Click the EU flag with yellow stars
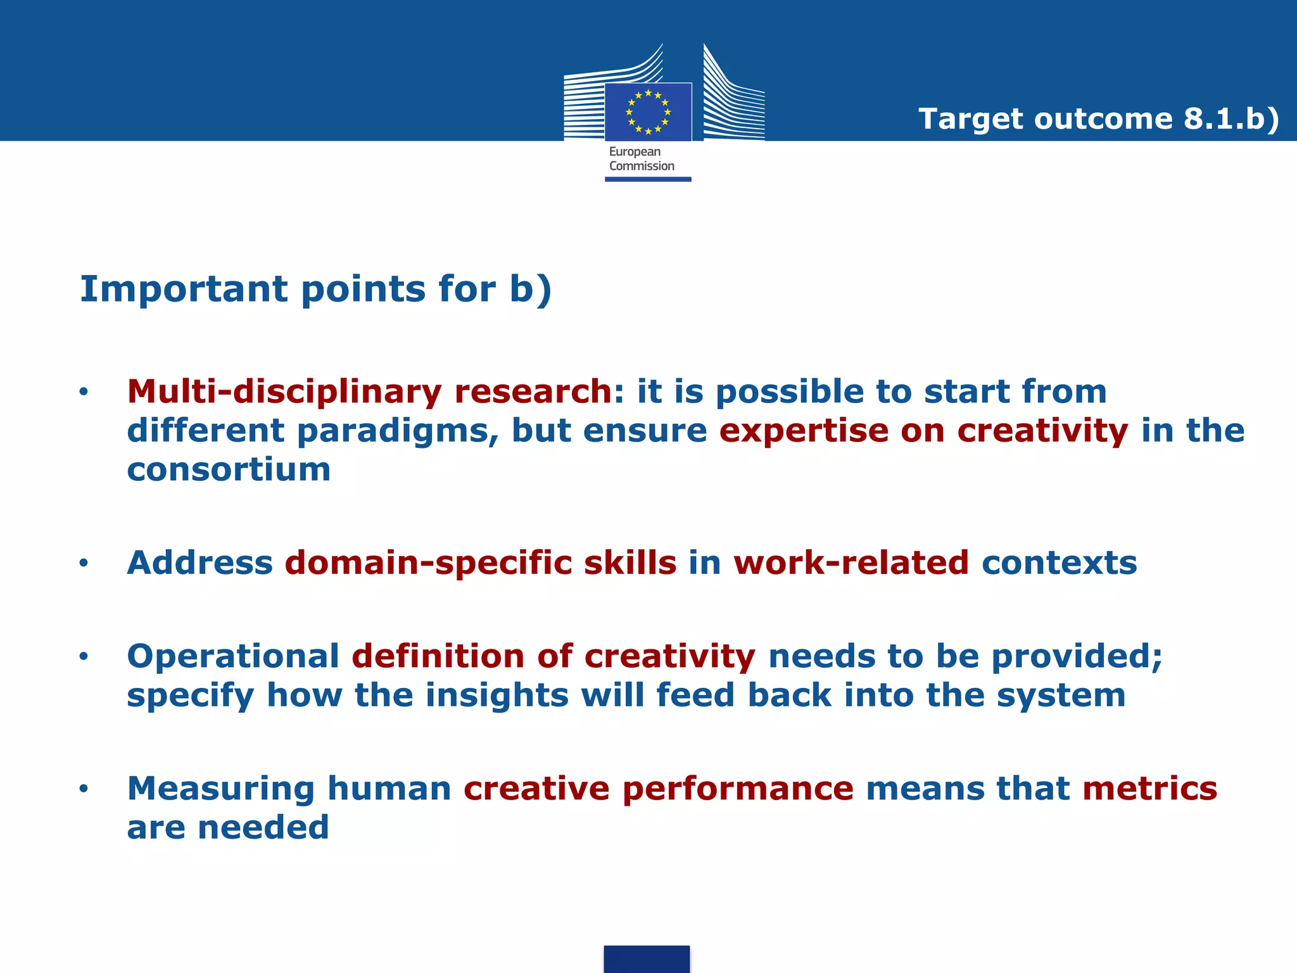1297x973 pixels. pos(648,112)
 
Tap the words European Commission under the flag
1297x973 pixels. pos(641,159)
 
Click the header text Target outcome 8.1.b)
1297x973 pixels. pos(1099,118)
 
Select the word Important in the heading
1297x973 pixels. pos(184,289)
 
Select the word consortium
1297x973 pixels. pos(229,469)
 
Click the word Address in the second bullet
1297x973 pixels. pos(200,563)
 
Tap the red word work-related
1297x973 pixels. pos(851,563)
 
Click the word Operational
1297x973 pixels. pos(233,656)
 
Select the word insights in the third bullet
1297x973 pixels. pos(497,695)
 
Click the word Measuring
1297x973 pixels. pos(220,789)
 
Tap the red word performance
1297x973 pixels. pos(738,789)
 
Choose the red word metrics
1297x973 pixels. pos(1149,789)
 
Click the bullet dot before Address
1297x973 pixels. pos(84,563)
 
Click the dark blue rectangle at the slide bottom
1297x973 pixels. pos(647,959)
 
